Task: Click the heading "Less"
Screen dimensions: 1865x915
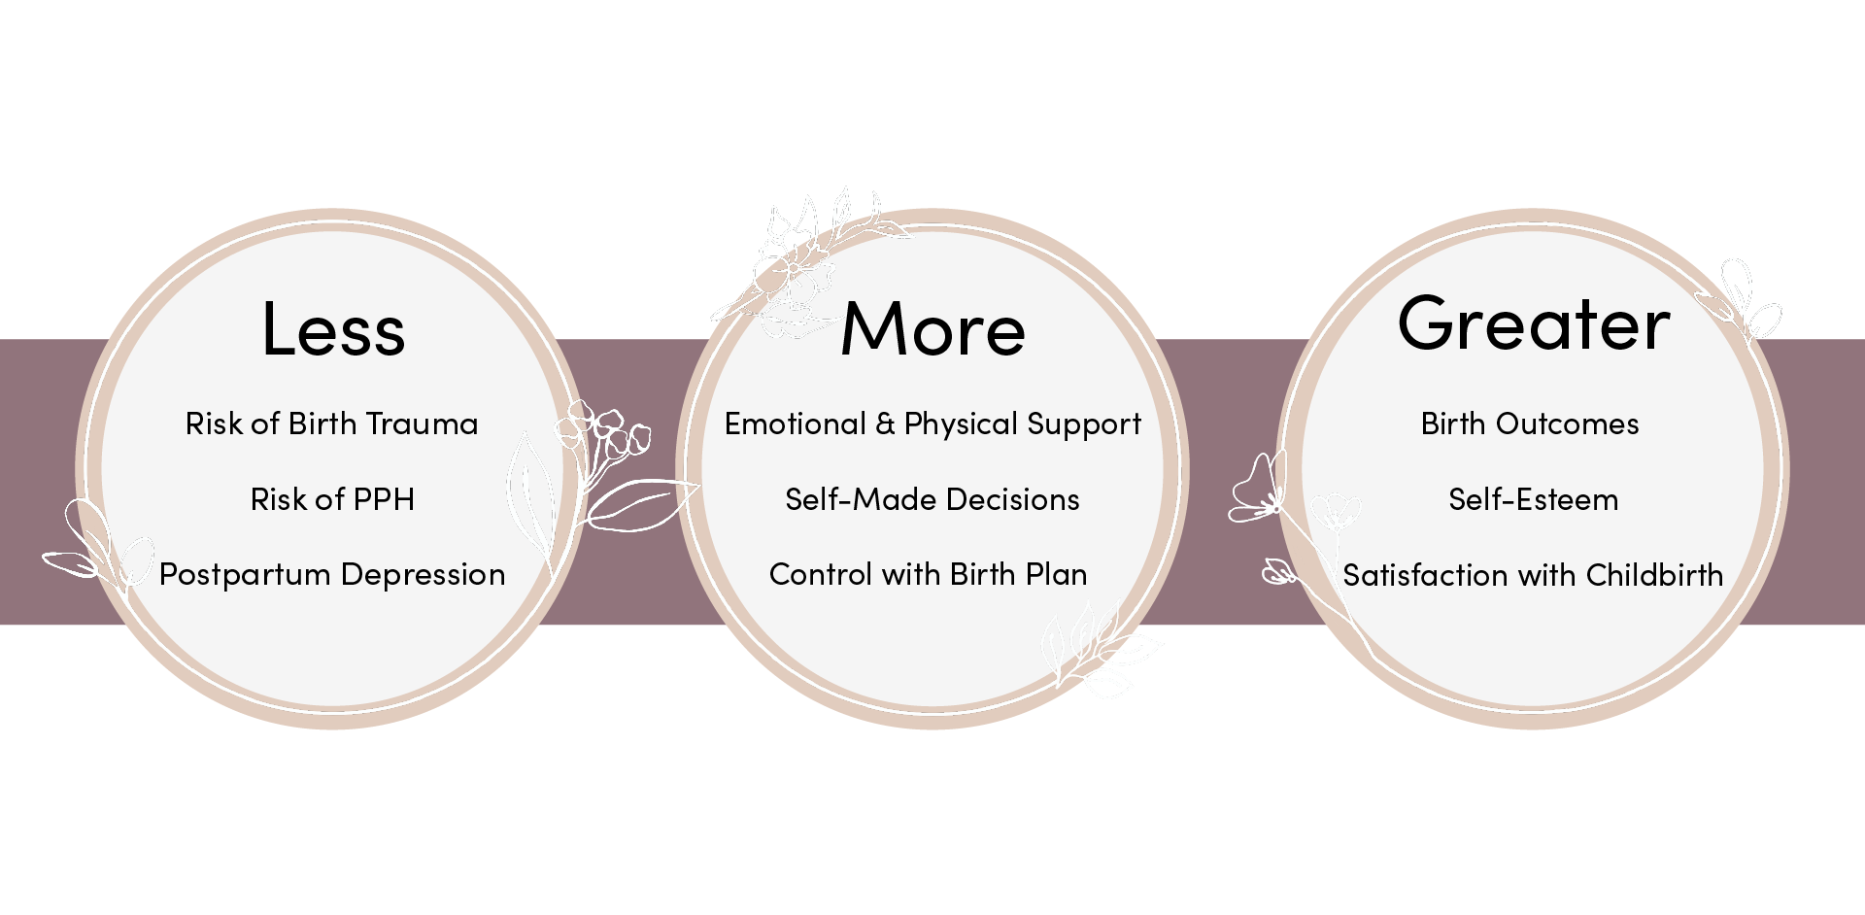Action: point(333,328)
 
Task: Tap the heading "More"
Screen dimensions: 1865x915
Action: point(932,328)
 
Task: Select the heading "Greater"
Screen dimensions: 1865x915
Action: point(1534,324)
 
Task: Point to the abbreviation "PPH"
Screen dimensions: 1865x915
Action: point(384,499)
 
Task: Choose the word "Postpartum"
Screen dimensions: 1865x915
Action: point(245,575)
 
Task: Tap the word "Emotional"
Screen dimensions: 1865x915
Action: point(795,424)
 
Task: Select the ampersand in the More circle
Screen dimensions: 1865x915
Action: point(885,424)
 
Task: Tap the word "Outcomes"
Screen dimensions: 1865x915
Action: point(1567,424)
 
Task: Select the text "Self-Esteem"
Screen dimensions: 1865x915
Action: point(1533,499)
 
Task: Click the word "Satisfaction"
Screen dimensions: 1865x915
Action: point(1426,575)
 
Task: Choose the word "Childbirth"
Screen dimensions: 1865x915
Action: point(1654,575)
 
